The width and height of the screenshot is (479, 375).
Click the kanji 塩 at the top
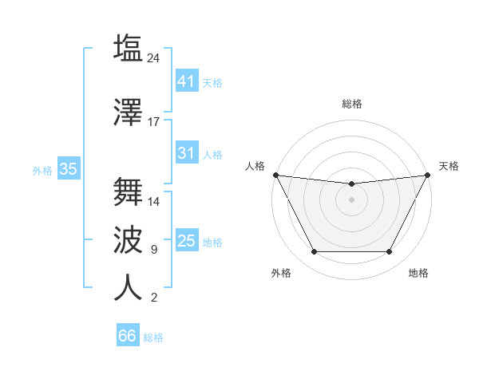(x=128, y=48)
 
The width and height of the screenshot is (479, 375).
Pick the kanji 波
(x=128, y=239)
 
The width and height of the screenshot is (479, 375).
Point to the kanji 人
(x=128, y=287)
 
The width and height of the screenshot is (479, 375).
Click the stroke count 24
(x=155, y=57)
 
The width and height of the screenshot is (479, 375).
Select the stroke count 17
(x=154, y=122)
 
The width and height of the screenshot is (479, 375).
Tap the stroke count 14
(x=154, y=201)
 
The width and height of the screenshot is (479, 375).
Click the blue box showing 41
(x=186, y=81)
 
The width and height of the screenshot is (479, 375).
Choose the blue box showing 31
(x=186, y=153)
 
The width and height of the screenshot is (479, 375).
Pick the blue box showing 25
(x=186, y=241)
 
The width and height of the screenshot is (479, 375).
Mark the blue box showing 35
(x=68, y=169)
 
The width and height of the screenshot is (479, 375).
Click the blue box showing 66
(x=127, y=336)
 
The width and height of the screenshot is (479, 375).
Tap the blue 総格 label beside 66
(x=153, y=337)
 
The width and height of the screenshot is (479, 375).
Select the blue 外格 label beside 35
(x=42, y=170)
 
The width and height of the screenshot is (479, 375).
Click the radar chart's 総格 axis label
(x=351, y=104)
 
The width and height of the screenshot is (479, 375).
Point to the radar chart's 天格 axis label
(x=449, y=166)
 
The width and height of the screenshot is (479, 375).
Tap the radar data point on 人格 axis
(x=275, y=175)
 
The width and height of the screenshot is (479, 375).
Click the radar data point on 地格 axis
(x=389, y=252)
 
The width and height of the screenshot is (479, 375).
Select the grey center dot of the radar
(x=351, y=199)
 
